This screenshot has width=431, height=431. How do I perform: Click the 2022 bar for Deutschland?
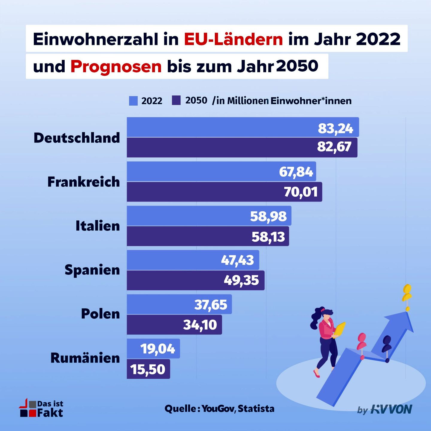point(221,127)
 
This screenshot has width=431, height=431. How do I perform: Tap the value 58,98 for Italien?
point(268,216)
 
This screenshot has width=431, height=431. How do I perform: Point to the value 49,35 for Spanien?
point(241,280)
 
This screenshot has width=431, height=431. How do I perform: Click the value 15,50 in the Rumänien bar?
point(148,369)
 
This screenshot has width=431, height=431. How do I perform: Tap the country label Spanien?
point(92,270)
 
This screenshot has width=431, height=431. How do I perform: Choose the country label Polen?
point(100,314)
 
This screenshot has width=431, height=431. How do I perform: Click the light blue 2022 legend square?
point(133,101)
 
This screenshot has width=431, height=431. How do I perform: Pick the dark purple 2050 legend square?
point(176,100)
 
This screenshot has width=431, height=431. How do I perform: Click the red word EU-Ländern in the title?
point(233,39)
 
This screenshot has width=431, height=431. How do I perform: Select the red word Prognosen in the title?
point(116,66)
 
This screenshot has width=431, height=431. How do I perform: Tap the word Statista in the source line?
point(256,409)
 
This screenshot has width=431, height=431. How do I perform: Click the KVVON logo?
point(391,409)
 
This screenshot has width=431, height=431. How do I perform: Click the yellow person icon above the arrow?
point(407,293)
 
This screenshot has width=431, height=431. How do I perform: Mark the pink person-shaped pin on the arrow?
point(362,341)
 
